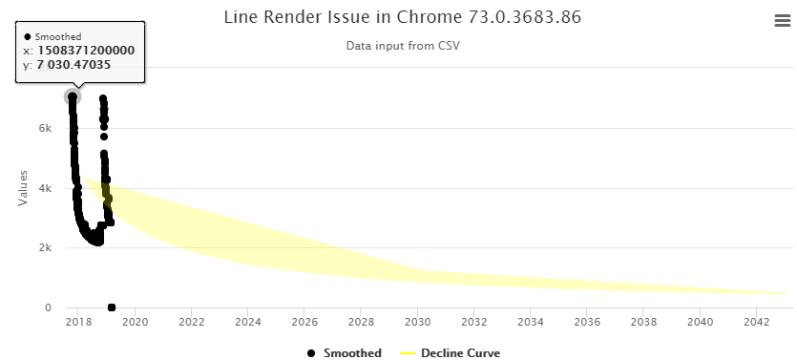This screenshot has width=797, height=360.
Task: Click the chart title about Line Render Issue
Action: click(402, 17)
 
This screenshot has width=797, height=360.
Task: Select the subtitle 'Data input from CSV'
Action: click(402, 45)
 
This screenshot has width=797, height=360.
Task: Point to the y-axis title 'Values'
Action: click(23, 187)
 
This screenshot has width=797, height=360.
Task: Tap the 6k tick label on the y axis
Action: click(45, 128)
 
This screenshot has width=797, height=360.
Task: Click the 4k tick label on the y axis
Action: click(45, 188)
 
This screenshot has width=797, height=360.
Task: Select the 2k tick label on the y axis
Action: click(45, 248)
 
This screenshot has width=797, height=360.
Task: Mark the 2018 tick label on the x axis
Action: click(79, 323)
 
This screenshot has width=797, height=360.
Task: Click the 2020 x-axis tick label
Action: click(136, 323)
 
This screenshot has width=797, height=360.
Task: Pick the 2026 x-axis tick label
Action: click(304, 323)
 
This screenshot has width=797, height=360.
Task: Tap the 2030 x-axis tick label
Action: click(418, 323)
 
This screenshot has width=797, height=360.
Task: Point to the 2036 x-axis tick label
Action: click(588, 323)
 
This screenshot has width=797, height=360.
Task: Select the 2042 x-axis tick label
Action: click(757, 323)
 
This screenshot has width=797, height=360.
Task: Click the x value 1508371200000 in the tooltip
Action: click(86, 51)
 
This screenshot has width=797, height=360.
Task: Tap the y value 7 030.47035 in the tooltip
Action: click(73, 65)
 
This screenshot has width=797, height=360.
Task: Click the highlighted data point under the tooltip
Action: click(72, 96)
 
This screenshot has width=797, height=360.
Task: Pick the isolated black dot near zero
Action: click(112, 307)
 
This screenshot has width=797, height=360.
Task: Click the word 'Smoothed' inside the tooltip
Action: click(57, 36)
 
